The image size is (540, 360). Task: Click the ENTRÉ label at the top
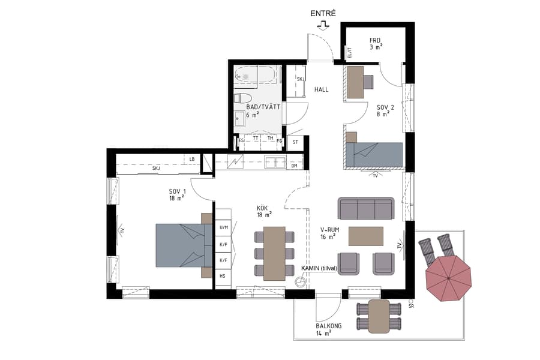[x=323, y=13]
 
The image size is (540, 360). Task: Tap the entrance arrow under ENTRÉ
[x=323, y=25]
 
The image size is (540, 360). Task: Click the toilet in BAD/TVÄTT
[x=244, y=98]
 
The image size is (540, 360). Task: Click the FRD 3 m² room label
[x=376, y=44]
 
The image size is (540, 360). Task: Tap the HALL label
[x=322, y=89]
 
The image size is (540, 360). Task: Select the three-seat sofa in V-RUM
[x=366, y=208]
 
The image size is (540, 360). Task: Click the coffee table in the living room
[x=365, y=236]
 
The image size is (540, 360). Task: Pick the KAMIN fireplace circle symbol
[x=300, y=280]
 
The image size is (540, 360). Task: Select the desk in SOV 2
[x=356, y=82]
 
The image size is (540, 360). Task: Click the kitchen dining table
[x=274, y=253]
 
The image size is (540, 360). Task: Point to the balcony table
[x=379, y=316]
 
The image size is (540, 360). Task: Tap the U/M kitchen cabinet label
[x=223, y=228]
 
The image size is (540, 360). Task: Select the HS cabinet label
[x=223, y=276]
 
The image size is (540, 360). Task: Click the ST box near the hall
[x=295, y=143]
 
